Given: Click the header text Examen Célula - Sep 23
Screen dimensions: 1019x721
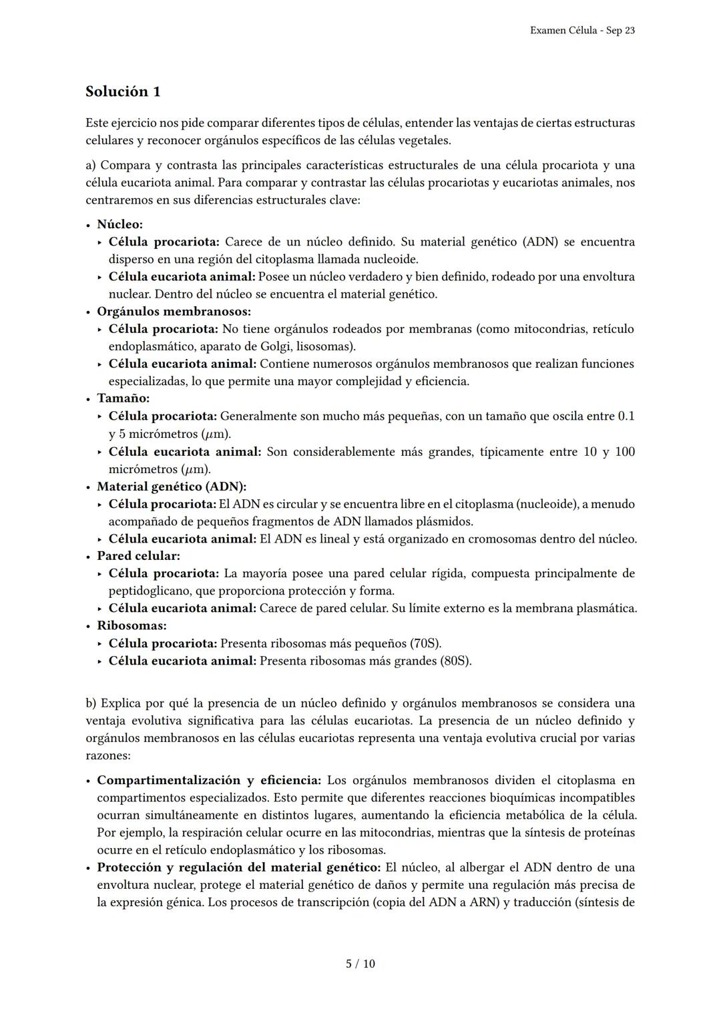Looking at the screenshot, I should [x=582, y=31].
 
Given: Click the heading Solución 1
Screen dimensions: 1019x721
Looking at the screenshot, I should [x=123, y=91].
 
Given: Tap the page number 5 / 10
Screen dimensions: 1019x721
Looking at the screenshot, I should [x=360, y=964].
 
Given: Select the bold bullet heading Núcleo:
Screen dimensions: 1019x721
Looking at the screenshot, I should [x=120, y=224].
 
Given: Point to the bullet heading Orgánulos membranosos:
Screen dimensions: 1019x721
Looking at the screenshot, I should [x=174, y=311].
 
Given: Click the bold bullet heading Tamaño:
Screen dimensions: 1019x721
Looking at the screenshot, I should [x=124, y=398].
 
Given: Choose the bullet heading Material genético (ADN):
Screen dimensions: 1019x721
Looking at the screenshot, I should [x=172, y=486].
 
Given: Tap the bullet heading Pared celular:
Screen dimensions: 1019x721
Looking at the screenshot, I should [x=138, y=556].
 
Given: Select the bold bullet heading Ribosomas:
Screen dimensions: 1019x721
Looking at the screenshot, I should [x=132, y=626].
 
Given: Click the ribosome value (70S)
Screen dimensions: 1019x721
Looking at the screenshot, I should [x=425, y=643].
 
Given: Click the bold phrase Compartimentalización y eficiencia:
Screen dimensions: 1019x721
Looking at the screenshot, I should [x=209, y=780].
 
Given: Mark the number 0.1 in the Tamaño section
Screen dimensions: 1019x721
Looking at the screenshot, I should [x=626, y=416].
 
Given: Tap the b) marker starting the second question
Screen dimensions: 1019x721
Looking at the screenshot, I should [x=91, y=703].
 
